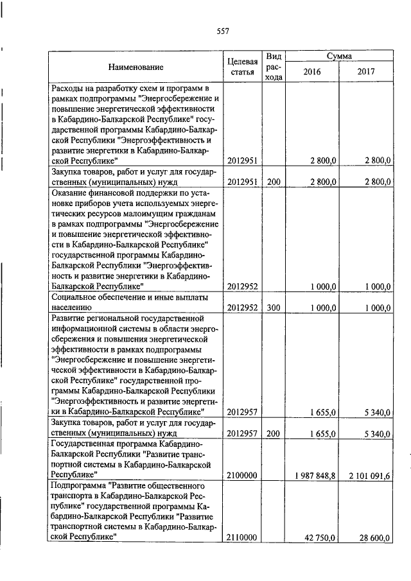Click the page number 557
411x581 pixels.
(x=223, y=31)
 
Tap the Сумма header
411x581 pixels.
(x=338, y=56)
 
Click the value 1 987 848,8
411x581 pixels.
(x=313, y=475)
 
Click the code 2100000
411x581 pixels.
(x=242, y=475)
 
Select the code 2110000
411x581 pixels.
(x=242, y=537)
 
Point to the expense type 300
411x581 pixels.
(x=274, y=308)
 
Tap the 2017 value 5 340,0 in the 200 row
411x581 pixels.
(x=376, y=434)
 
